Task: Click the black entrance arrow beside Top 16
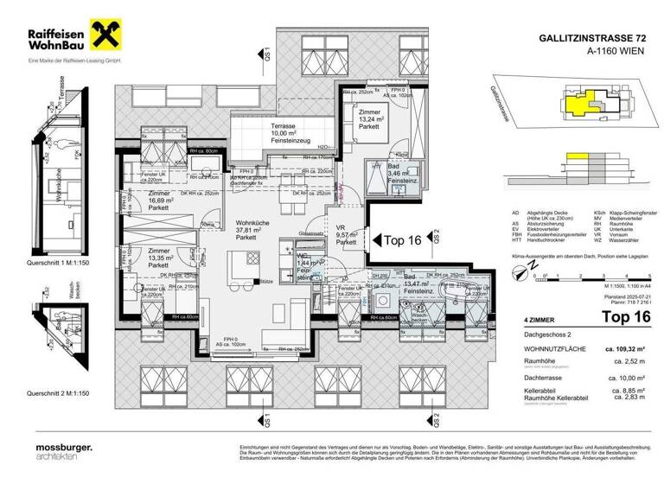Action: coord(374,240)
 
